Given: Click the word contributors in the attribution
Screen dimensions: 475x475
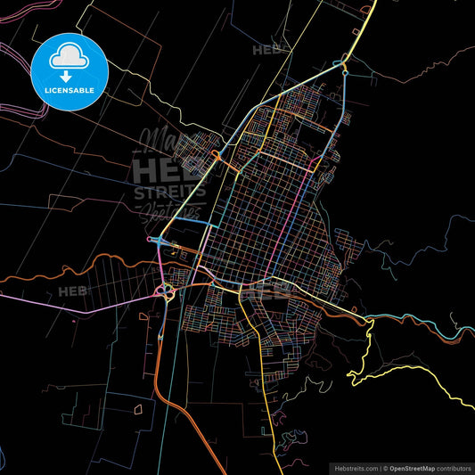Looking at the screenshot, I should pyautogui.click(x=455, y=467).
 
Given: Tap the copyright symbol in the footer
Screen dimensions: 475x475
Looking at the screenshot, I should pyautogui.click(x=385, y=467).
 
